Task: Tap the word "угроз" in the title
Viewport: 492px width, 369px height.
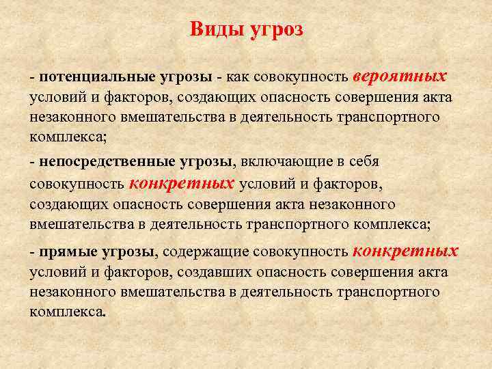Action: tap(277, 30)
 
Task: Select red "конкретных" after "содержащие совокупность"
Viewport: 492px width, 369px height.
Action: tap(405, 251)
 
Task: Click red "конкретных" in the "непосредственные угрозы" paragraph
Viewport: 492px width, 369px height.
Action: tap(182, 183)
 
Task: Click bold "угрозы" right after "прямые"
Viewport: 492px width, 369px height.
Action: tap(129, 253)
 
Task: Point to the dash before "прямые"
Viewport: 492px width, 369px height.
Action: tap(33, 253)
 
